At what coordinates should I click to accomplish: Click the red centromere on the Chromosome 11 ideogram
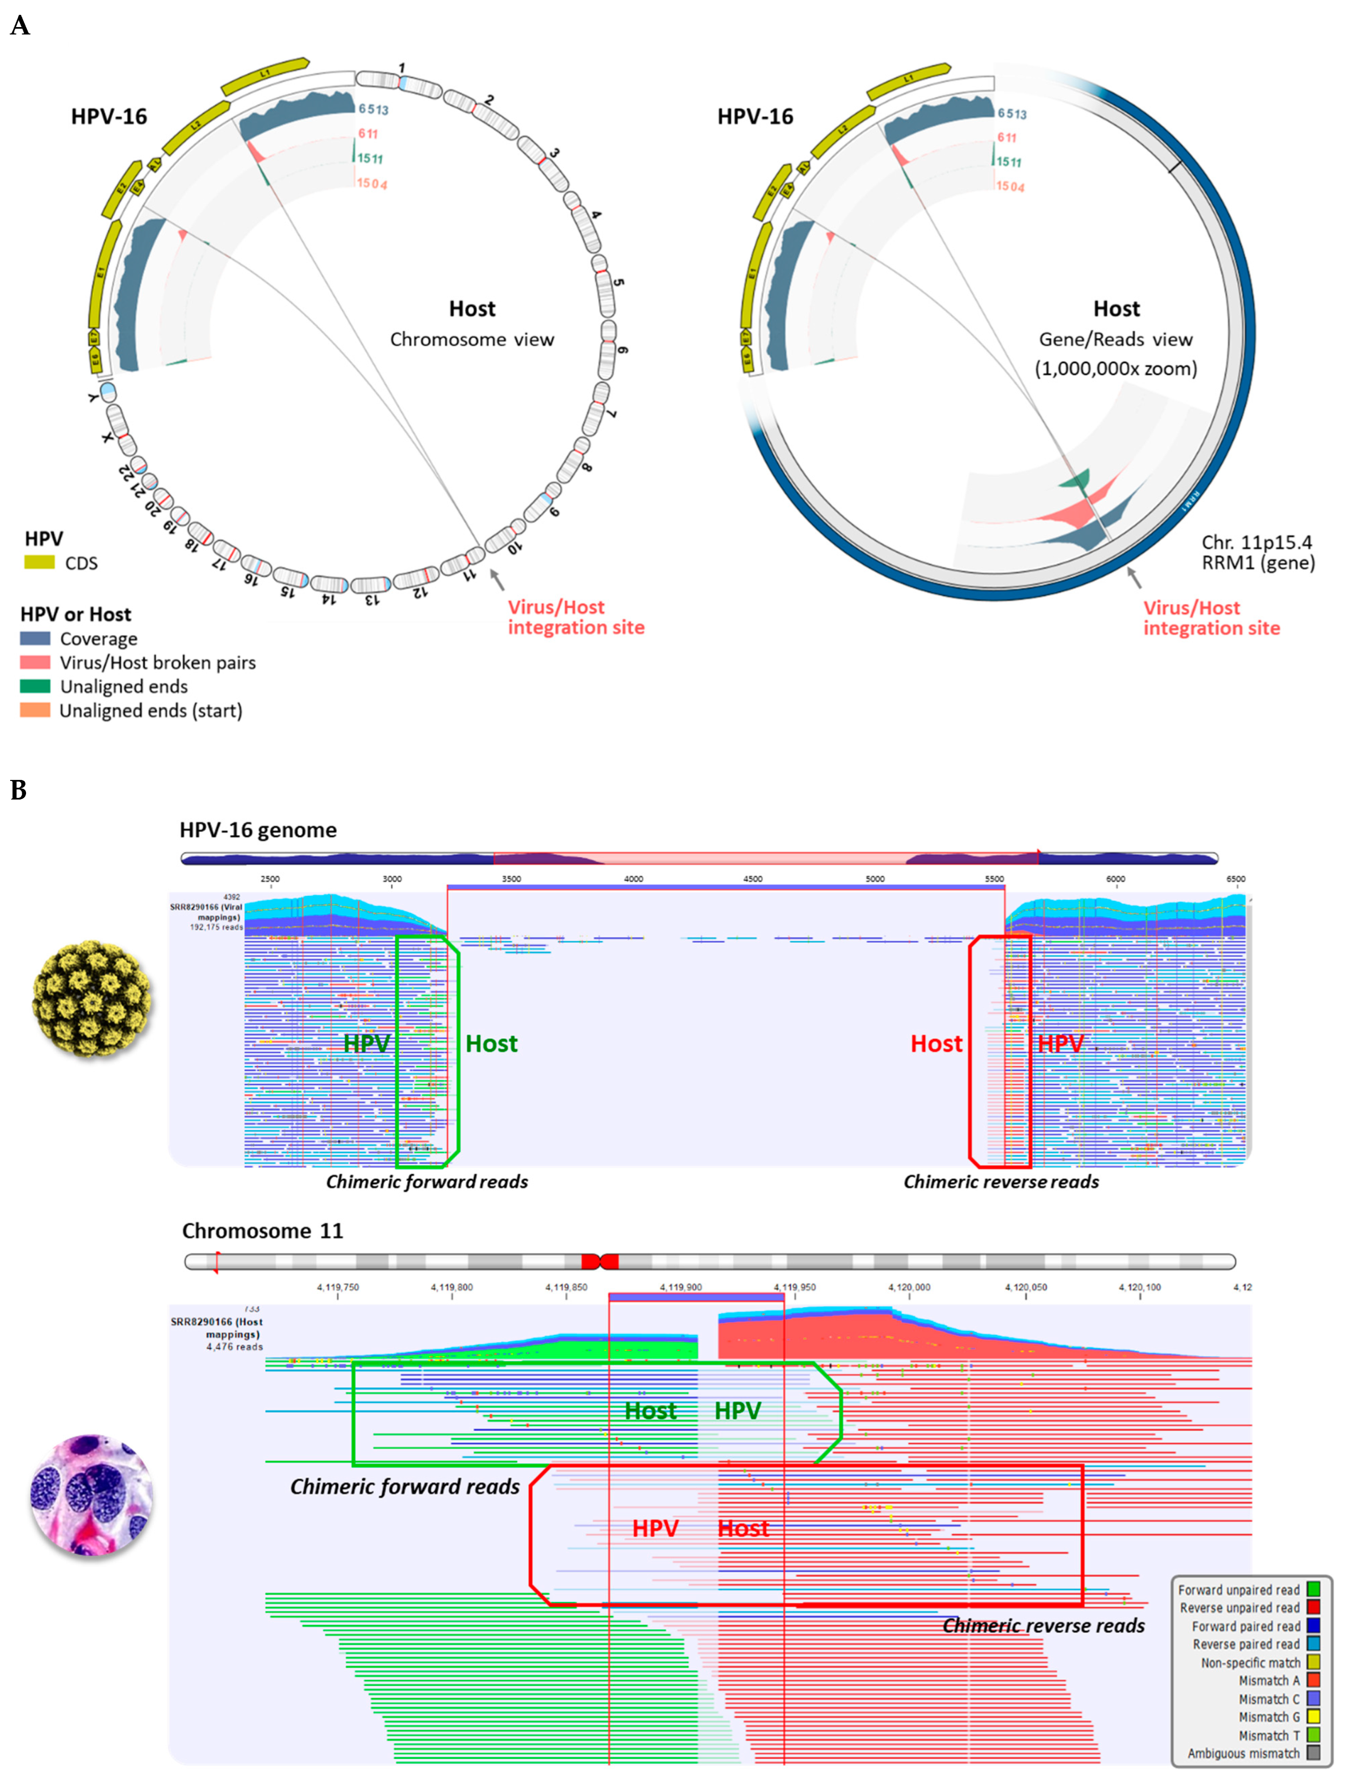pos(600,1261)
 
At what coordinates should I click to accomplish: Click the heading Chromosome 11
pos(262,1231)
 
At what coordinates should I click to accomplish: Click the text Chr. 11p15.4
pos(1256,542)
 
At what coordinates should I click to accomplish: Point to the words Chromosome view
pos(472,340)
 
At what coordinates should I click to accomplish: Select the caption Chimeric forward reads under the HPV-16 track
pos(427,1181)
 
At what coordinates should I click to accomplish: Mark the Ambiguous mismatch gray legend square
pos(1313,1753)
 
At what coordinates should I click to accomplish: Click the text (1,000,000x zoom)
pos(1116,369)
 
